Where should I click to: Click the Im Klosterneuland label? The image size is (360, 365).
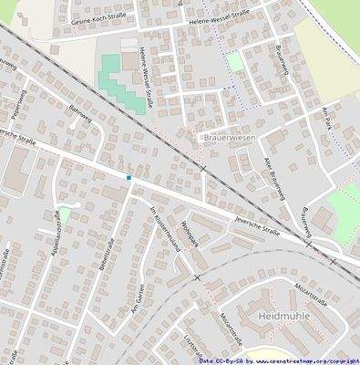point(162,227)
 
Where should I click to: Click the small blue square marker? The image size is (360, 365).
point(129,177)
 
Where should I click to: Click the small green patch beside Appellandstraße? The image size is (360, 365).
point(64,215)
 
